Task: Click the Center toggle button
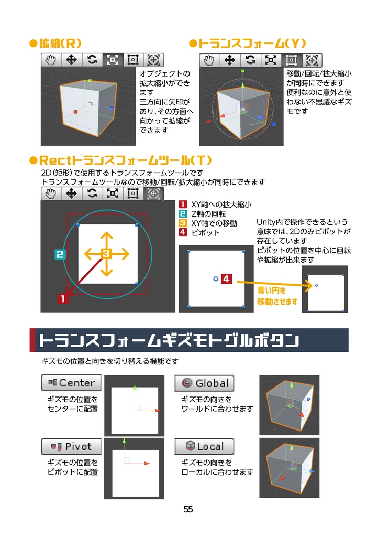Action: click(x=71, y=383)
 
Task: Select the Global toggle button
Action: click(x=204, y=383)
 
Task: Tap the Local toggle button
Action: click(x=204, y=446)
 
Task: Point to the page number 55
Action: click(x=188, y=509)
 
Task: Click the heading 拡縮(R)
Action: click(x=55, y=43)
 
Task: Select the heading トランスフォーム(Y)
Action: click(x=247, y=43)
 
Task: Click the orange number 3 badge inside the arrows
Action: click(x=106, y=254)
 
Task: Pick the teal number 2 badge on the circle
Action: click(x=59, y=255)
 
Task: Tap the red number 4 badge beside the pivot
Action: click(x=226, y=280)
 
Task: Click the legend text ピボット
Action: click(x=206, y=232)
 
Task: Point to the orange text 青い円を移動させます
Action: click(x=277, y=296)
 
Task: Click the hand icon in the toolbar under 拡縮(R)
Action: click(x=51, y=60)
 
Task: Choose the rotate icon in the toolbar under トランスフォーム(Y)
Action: click(x=251, y=60)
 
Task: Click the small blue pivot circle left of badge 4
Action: click(x=216, y=280)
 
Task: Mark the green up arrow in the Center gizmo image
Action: click(x=135, y=389)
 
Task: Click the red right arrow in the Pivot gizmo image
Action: click(x=147, y=464)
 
